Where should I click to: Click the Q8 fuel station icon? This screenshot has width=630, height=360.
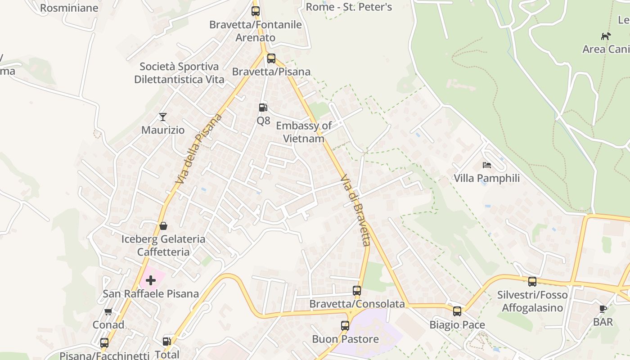click(x=263, y=107)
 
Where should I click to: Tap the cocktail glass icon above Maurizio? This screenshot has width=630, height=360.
click(x=163, y=117)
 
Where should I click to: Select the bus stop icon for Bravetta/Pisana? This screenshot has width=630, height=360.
click(x=271, y=58)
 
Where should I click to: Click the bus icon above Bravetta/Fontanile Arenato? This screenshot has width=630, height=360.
click(x=256, y=11)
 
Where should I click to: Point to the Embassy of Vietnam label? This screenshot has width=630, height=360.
click(x=304, y=132)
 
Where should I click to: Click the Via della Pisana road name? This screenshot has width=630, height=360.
click(x=200, y=148)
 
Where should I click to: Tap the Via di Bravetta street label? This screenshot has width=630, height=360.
click(x=355, y=210)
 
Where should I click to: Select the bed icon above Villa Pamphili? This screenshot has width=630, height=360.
click(x=486, y=165)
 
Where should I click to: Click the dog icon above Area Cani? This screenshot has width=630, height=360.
click(x=606, y=36)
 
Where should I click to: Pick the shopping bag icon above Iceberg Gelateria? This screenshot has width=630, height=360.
click(x=163, y=225)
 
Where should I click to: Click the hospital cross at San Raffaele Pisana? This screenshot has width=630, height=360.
click(x=151, y=280)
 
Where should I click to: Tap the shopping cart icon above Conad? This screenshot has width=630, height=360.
click(x=108, y=311)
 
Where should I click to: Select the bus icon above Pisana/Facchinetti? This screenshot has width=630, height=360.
click(x=104, y=343)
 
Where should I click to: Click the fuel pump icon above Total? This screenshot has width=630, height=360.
click(x=166, y=342)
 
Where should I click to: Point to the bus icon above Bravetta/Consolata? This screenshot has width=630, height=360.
click(x=357, y=291)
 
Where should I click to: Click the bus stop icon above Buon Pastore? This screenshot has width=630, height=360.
click(x=345, y=326)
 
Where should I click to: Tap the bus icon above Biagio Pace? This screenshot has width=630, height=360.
click(x=457, y=311)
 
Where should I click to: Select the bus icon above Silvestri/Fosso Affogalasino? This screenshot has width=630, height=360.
click(x=532, y=282)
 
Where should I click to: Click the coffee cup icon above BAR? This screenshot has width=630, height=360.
click(x=603, y=309)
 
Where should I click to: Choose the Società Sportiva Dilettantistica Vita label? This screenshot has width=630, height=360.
click(x=179, y=73)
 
